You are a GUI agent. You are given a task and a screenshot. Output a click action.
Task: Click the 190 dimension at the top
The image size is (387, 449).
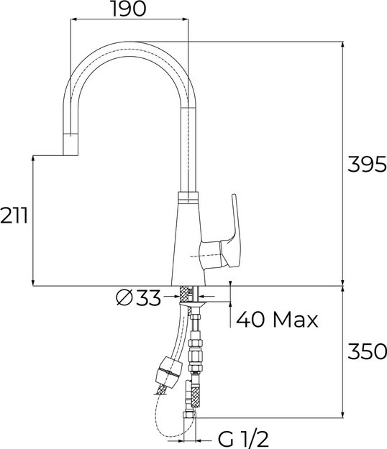click(x=129, y=9)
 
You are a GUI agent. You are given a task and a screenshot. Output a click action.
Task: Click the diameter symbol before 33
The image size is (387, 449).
click(x=123, y=297)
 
